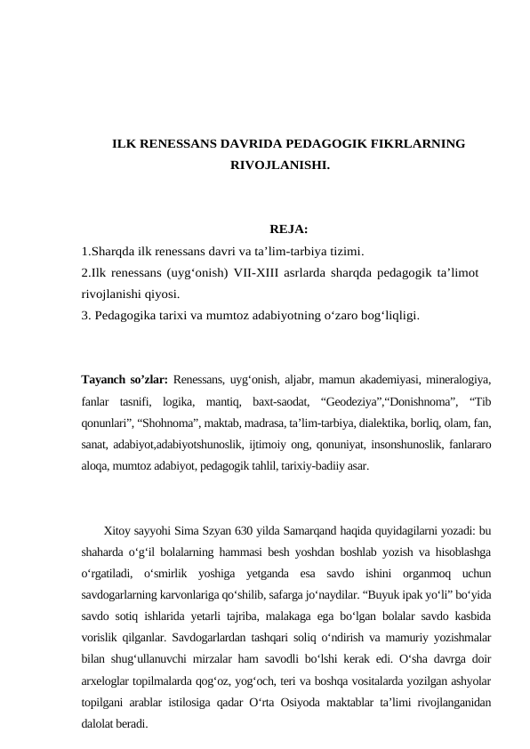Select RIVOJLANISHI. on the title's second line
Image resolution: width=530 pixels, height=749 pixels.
pos(280,165)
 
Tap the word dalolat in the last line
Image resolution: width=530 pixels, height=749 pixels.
pos(100,724)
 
